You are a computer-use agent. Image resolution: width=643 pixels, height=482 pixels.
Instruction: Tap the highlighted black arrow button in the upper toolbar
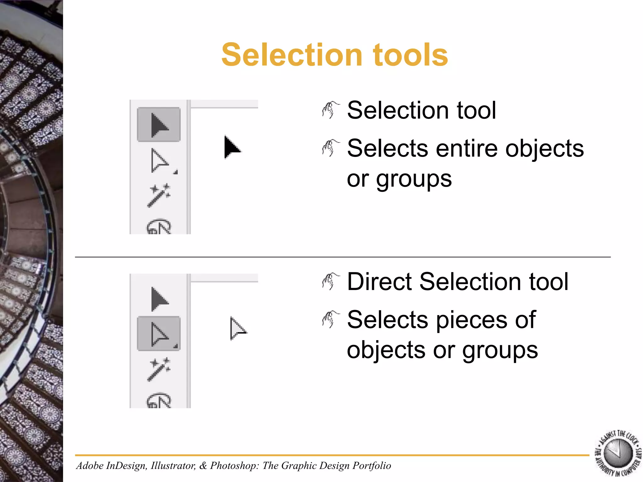coord(159,125)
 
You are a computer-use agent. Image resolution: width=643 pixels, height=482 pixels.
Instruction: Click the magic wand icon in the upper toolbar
coord(159,195)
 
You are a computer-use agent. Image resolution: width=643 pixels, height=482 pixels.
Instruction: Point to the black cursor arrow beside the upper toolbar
coord(232,147)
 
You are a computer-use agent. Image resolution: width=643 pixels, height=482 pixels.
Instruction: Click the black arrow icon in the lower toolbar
coord(159,299)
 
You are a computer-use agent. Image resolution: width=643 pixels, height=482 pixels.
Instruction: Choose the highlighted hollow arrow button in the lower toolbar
coord(159,334)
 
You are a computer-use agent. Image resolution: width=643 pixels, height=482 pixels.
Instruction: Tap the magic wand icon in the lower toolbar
coord(159,369)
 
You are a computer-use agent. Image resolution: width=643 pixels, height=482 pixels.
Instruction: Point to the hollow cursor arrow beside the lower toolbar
coord(238,328)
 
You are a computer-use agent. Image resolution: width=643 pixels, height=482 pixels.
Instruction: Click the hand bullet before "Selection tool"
coord(331,110)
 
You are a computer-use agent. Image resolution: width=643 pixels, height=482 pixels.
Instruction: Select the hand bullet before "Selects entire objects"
coord(331,148)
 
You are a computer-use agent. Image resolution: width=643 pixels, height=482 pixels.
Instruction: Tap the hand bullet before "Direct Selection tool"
coord(331,281)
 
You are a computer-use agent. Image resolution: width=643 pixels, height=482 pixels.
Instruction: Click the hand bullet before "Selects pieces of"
coord(331,319)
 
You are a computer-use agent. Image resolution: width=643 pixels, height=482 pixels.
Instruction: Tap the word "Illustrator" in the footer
coord(173,465)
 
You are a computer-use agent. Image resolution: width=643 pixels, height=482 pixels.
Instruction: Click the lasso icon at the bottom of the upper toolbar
coord(159,227)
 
